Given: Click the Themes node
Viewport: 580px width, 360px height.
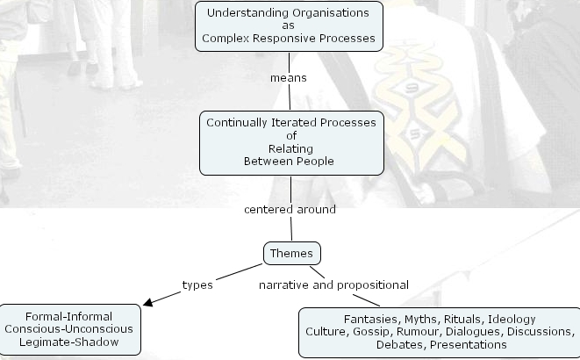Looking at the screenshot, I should (x=291, y=254).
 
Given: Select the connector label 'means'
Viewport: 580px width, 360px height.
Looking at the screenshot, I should (x=289, y=77).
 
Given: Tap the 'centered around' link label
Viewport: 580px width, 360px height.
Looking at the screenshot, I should (x=290, y=210).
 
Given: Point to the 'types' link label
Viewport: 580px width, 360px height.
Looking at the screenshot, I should (x=197, y=284).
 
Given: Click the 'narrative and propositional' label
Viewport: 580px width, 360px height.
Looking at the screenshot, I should (x=333, y=284).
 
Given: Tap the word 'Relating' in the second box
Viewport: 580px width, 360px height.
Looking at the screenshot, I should (x=291, y=148).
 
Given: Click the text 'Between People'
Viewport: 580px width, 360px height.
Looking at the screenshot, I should (x=291, y=162).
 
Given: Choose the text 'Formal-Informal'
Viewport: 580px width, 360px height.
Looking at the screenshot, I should (x=70, y=316).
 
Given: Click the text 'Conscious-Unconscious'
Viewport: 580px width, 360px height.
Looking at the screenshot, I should (x=70, y=328).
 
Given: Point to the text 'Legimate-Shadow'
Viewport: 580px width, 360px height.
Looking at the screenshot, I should (x=70, y=342).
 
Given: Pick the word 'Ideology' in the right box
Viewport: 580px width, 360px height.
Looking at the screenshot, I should (x=512, y=319).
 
